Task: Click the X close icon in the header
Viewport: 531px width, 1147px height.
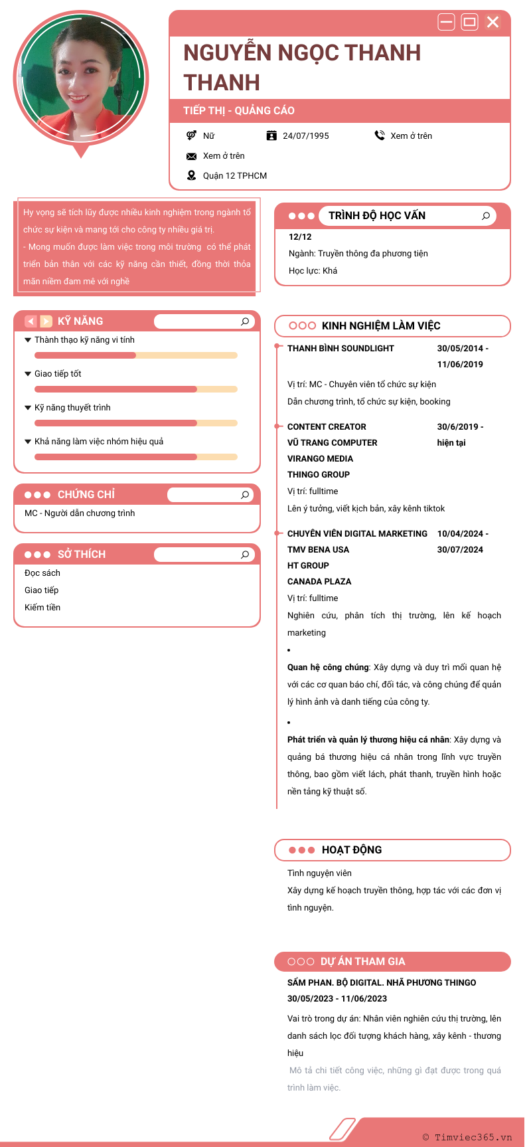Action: coord(493,22)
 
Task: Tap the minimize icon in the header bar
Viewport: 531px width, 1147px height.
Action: coord(447,22)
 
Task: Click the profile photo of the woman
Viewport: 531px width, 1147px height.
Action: coord(80,76)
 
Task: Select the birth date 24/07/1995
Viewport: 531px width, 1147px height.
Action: coord(305,136)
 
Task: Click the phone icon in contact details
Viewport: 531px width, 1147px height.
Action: coord(380,135)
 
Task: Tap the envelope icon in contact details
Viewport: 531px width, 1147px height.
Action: coord(191,156)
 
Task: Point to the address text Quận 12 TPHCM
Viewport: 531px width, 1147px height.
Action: coord(235,176)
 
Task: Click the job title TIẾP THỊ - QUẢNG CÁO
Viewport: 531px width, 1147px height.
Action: coord(239,111)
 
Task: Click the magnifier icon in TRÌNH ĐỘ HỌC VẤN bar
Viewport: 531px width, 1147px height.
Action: coord(486,216)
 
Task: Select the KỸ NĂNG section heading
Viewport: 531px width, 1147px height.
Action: coord(80,321)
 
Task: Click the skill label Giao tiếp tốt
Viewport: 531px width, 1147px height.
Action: coord(58,374)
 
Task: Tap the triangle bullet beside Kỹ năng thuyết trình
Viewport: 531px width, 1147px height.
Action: coord(28,408)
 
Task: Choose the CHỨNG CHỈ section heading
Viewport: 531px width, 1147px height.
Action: coord(86,495)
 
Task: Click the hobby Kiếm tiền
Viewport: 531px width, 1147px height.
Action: coord(42,608)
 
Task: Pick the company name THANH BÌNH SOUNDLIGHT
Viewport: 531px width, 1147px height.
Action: coord(341,349)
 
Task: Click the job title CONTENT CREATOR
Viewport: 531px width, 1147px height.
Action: coord(327,427)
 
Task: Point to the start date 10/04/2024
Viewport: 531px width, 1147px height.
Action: coord(460,534)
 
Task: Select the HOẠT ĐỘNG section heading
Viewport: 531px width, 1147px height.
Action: coord(352,850)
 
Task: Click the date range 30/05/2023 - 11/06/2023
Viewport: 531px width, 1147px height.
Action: coord(337,999)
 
